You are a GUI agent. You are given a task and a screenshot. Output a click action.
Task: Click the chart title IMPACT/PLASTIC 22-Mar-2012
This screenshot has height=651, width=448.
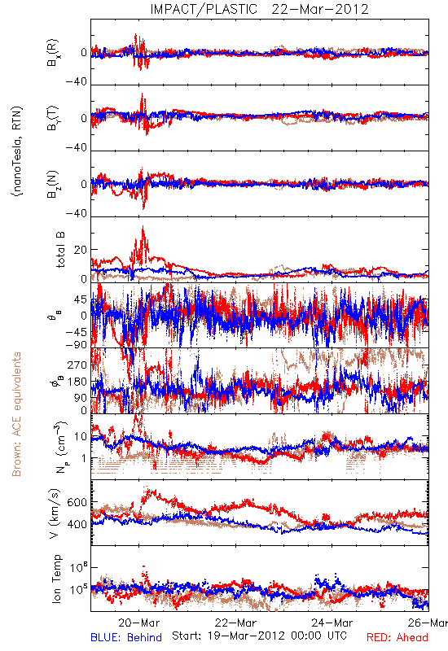point(259,9)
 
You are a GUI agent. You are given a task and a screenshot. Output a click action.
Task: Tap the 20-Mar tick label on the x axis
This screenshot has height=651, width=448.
point(138,623)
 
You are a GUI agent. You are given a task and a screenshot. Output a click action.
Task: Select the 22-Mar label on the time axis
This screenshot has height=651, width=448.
point(235,623)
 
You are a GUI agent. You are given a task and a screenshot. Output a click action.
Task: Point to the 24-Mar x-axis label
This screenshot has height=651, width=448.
point(332,623)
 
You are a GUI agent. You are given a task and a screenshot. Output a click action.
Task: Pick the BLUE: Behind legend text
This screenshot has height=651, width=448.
point(126,637)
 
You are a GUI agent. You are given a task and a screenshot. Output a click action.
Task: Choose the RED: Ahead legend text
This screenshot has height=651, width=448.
point(397,637)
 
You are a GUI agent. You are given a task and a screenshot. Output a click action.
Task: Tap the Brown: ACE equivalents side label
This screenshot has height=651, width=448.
point(16,414)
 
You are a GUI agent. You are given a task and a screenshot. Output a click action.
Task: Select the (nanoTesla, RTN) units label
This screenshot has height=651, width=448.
point(17,151)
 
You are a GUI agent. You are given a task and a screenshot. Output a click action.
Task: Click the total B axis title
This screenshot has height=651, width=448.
point(60,250)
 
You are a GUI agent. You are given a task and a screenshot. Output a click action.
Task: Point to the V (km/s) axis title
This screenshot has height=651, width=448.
point(55,513)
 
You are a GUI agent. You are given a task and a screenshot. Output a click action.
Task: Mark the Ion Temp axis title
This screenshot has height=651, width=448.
point(56,579)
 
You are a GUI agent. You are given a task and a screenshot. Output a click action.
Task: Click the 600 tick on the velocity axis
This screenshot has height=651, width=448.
point(77,502)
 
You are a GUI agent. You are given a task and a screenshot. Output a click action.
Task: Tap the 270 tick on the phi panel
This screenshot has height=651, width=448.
point(77,365)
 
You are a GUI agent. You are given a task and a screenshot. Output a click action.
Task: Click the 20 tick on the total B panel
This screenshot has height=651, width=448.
point(81,250)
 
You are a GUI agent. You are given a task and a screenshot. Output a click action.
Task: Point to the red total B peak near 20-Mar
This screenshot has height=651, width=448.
point(143,227)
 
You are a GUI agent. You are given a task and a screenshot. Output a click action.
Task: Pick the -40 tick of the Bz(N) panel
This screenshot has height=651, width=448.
point(76,213)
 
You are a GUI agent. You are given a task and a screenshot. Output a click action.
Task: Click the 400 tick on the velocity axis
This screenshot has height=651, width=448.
point(77,524)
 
